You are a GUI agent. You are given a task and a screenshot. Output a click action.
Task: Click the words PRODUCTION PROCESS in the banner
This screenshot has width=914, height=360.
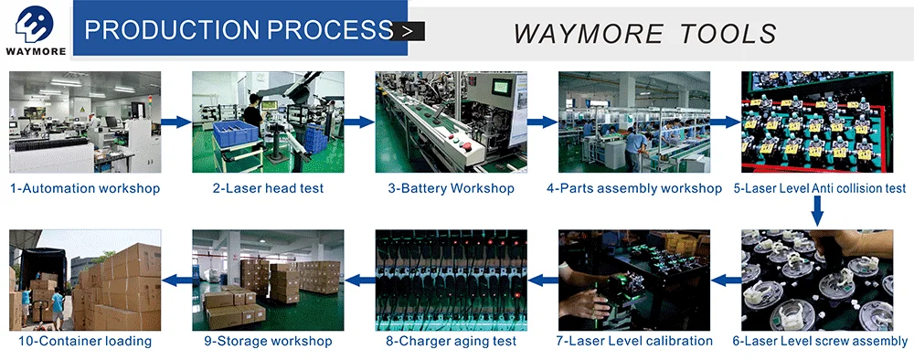click(x=239, y=30)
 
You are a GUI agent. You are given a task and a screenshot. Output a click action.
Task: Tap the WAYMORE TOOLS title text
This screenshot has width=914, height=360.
click(x=644, y=34)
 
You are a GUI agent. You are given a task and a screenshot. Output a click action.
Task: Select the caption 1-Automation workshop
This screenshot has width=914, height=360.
click(x=85, y=188)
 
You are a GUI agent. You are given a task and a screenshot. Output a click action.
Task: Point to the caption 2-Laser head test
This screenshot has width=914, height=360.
click(x=268, y=188)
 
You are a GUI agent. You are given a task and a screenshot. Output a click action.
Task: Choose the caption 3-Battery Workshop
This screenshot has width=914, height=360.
click(x=452, y=188)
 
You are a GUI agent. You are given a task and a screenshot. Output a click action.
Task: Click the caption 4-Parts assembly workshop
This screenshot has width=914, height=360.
click(x=634, y=188)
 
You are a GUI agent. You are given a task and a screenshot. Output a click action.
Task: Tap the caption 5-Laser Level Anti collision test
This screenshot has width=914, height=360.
click(x=820, y=188)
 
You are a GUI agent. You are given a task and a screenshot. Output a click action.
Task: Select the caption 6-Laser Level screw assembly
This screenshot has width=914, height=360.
click(x=820, y=341)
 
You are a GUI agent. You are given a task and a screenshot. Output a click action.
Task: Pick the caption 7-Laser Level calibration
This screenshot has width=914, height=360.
click(x=634, y=341)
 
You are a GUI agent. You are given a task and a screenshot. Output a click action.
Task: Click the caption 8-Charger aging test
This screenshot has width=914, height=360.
click(x=452, y=341)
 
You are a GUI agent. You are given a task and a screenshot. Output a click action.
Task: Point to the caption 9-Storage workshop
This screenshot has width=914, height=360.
click(x=268, y=341)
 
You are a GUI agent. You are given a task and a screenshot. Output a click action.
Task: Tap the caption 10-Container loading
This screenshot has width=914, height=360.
click(x=85, y=341)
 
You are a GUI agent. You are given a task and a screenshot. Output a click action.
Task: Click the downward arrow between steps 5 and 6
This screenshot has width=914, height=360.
click(x=817, y=210)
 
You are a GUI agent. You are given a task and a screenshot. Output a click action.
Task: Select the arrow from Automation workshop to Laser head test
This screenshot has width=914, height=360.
click(x=176, y=122)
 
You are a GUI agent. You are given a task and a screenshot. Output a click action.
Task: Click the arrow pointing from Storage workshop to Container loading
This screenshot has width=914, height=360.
click(x=176, y=281)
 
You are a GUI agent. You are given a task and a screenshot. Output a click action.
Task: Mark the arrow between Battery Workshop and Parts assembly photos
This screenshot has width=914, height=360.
click(x=542, y=122)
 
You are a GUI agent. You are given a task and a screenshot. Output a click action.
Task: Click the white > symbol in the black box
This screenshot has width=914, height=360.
click(x=408, y=31)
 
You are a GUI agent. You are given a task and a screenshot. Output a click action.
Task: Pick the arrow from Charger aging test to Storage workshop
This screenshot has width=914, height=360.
click(x=359, y=281)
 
